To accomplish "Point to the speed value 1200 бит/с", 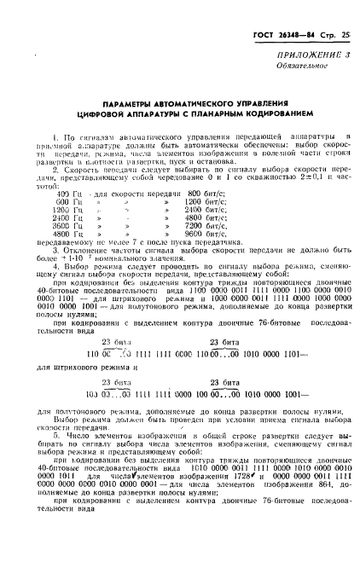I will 224,203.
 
